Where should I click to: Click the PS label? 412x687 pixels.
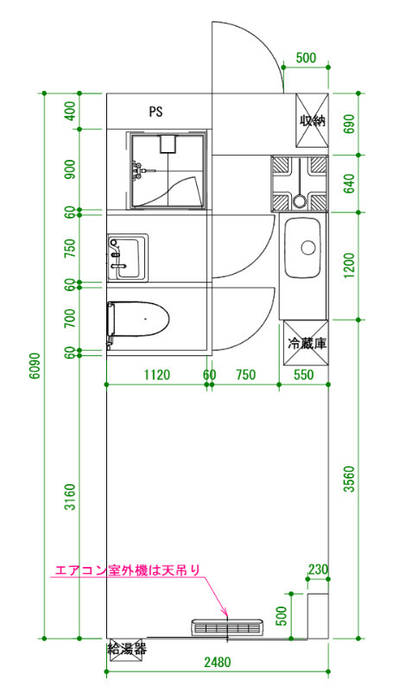[x=155, y=111]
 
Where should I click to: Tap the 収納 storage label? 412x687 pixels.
[x=313, y=120]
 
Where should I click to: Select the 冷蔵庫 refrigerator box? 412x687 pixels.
[x=306, y=343]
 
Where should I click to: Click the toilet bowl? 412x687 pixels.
[x=138, y=319]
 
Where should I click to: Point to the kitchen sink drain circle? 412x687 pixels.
[x=308, y=248]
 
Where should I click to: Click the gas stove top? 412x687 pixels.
[x=300, y=183]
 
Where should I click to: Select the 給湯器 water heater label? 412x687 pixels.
[x=127, y=648]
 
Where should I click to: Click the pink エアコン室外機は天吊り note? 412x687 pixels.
[x=127, y=570]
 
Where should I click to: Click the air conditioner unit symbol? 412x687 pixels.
[x=227, y=627]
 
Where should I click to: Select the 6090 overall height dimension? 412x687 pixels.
[x=35, y=366]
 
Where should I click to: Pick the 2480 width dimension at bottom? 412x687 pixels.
[x=218, y=662]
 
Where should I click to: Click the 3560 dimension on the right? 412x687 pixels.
[x=349, y=479]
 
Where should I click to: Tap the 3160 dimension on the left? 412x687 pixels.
[x=70, y=497]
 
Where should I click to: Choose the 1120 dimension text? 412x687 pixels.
[x=157, y=375]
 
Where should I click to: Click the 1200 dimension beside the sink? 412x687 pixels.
[x=349, y=265]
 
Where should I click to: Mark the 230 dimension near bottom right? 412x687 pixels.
[x=318, y=569]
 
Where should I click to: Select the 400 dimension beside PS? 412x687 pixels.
[x=70, y=111]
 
